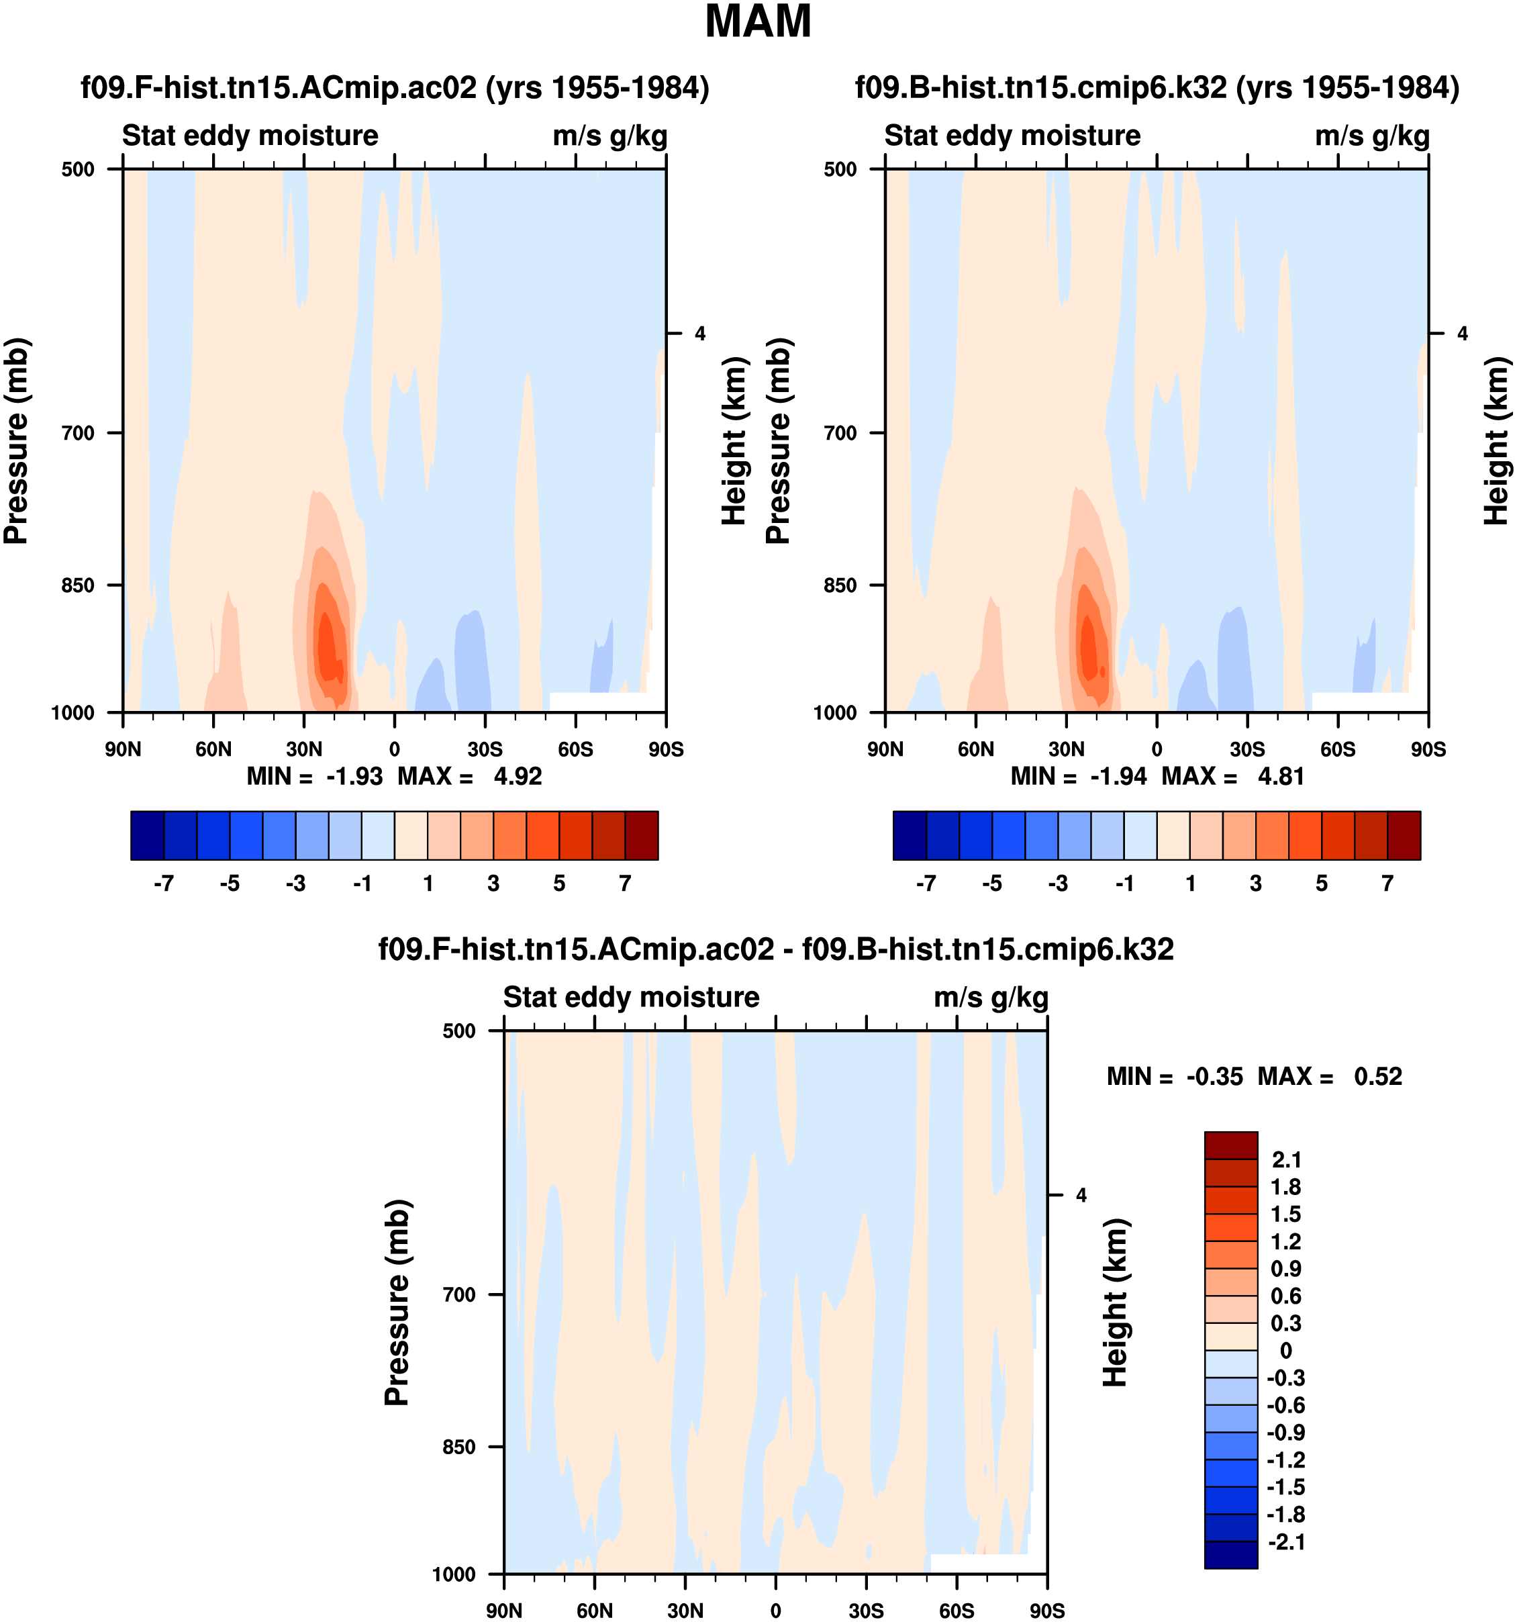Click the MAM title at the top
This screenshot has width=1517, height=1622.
point(758,22)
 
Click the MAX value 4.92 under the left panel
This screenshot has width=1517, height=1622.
point(517,777)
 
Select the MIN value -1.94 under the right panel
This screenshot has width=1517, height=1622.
point(1118,777)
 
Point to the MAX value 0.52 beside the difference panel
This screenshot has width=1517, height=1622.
point(1377,1077)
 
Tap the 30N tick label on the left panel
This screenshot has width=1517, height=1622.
point(303,750)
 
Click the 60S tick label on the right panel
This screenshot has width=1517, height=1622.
point(1338,750)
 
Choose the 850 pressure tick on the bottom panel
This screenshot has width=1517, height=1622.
point(458,1447)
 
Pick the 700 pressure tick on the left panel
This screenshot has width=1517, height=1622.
point(79,433)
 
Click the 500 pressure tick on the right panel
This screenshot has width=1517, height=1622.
point(841,170)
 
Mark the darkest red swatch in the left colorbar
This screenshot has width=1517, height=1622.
point(641,835)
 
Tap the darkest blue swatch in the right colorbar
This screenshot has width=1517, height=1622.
point(910,835)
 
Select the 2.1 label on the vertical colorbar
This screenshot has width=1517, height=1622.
point(1286,1160)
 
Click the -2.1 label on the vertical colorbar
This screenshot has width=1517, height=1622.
point(1285,1542)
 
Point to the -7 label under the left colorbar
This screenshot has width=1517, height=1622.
point(163,884)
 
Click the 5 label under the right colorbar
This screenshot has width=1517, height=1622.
point(1321,884)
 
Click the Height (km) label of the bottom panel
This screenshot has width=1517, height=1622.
point(1115,1303)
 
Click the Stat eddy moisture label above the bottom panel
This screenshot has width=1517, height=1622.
point(630,998)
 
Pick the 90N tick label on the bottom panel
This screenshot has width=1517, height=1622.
point(504,1611)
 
